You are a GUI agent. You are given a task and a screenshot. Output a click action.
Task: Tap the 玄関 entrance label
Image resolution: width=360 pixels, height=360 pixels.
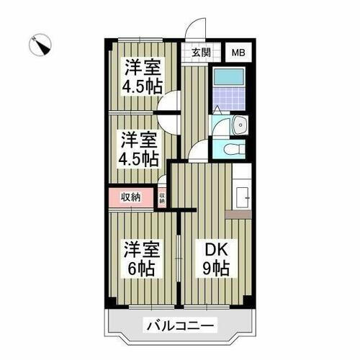pos(201,52)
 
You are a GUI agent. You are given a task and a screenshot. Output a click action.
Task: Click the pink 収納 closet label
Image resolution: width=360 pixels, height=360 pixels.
pos(130,197)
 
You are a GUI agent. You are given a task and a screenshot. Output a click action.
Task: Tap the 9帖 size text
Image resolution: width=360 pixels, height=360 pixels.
pos(215,270)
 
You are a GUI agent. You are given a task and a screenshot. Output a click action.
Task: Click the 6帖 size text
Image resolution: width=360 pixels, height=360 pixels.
pos(140,269)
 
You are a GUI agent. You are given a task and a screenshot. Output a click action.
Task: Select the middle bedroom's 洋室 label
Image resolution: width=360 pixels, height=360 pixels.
pos(140,139)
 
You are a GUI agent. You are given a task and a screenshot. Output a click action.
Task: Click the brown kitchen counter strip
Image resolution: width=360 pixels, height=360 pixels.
pos(238,214)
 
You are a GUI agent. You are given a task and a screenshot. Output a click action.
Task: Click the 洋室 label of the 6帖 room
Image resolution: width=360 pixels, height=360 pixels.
pos(140,251)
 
